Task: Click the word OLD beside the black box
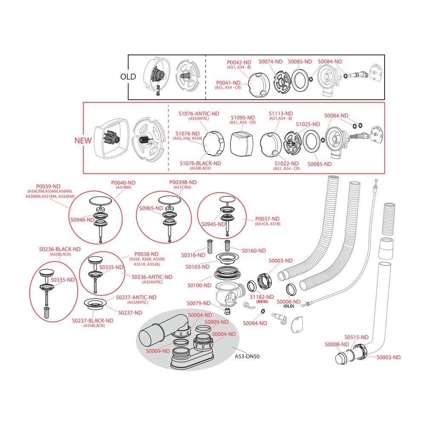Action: [x=128, y=77]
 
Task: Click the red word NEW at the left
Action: [x=83, y=141]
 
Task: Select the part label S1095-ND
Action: [x=243, y=118]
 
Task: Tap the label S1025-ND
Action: [x=308, y=124]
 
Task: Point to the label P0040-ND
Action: [x=123, y=183]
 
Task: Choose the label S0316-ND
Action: [x=193, y=255]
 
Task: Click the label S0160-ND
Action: [x=254, y=251]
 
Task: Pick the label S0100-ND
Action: [x=199, y=285]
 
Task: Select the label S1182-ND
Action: [x=262, y=297]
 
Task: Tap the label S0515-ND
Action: [x=357, y=337]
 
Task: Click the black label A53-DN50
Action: [x=247, y=357]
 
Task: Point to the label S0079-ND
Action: [x=199, y=303]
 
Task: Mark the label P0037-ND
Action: [x=267, y=219]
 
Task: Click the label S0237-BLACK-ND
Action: [x=92, y=321]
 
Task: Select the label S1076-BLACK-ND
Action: [x=200, y=163]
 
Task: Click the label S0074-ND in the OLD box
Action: [x=271, y=62]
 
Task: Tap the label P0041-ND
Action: [x=228, y=83]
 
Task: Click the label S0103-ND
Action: [x=198, y=267]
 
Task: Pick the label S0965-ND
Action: [x=151, y=208]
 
